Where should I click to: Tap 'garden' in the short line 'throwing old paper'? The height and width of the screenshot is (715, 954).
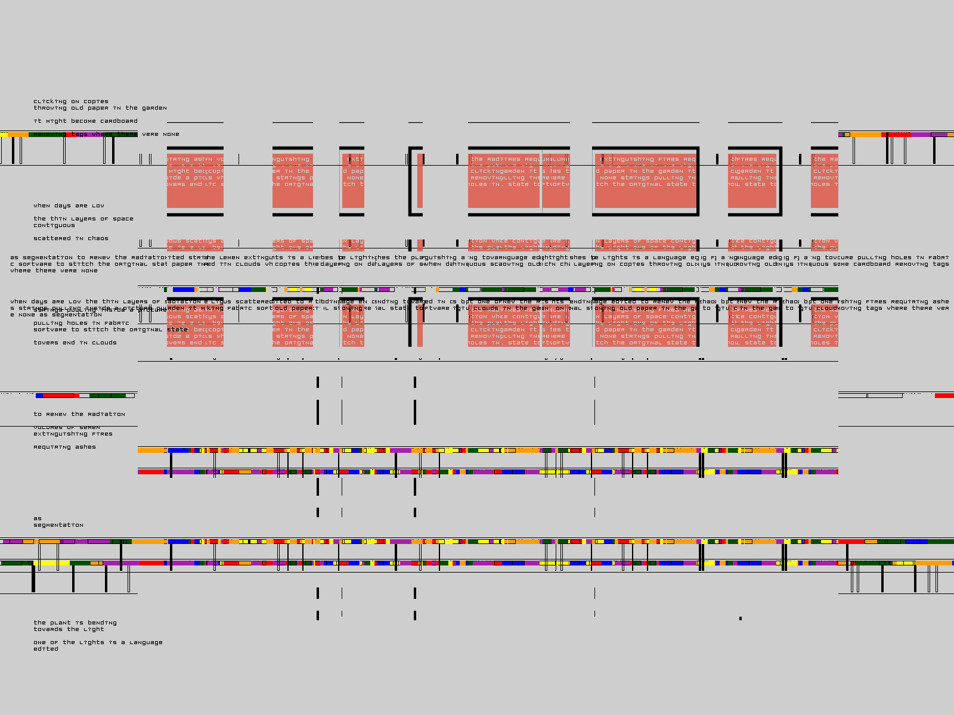[x=154, y=108]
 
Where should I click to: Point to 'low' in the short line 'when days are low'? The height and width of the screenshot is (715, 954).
[x=98, y=206]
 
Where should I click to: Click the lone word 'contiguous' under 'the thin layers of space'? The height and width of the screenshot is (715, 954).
[x=54, y=225]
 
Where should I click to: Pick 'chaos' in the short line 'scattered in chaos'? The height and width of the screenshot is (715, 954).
[x=98, y=238]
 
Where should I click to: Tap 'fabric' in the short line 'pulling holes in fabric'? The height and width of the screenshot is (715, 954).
[x=116, y=323]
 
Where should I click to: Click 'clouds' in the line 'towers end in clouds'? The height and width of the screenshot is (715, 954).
[x=104, y=343]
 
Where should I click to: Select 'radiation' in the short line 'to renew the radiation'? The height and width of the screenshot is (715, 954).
[x=106, y=414]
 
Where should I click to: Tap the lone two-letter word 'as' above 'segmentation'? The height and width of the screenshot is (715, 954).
[x=38, y=518]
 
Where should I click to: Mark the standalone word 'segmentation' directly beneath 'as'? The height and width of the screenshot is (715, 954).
[x=58, y=525]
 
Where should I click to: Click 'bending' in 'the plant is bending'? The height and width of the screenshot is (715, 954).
[x=102, y=623]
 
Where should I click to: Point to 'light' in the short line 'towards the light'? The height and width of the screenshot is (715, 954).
[x=94, y=629]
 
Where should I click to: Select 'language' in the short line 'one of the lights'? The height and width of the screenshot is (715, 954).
[x=146, y=642]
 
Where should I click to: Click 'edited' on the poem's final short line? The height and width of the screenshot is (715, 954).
[x=46, y=649]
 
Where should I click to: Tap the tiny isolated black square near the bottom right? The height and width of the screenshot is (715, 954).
[x=741, y=618]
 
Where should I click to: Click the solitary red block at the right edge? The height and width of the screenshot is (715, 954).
[x=944, y=396]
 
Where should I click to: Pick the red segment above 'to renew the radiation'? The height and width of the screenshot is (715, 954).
[x=58, y=396]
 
